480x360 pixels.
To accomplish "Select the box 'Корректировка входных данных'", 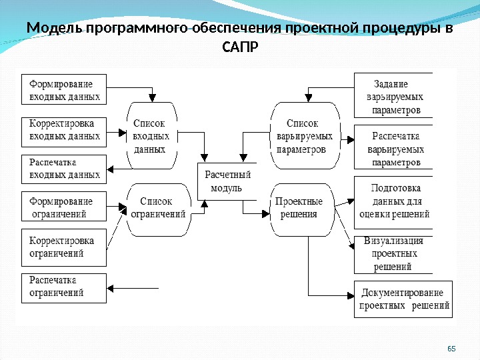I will pos(64,132).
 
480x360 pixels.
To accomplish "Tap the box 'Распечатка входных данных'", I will pos(64,169).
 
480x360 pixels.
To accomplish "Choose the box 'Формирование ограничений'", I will pos(64,207).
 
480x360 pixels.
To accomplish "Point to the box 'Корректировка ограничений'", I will pos(64,247).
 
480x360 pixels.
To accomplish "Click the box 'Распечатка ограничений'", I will pos(64,287).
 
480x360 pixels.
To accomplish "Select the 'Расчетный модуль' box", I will pos(227,181).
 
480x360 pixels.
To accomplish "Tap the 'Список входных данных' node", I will pos(151,136).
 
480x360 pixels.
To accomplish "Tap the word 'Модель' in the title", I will pos(54,29).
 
